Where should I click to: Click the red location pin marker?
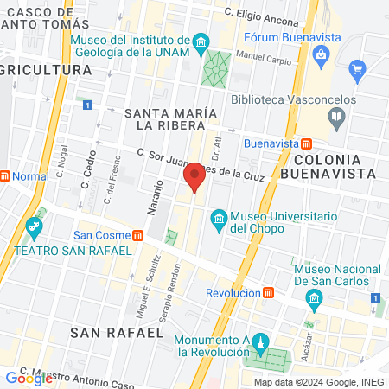click(194, 177)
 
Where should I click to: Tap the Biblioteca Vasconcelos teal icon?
click(336, 115)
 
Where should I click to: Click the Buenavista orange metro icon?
click(307, 143)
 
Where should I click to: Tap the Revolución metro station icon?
click(271, 293)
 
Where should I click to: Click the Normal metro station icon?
click(4, 175)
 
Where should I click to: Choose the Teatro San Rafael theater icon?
click(35, 230)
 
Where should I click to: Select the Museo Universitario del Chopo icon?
click(218, 216)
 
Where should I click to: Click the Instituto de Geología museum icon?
click(201, 42)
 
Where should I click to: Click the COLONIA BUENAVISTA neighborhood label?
click(334, 166)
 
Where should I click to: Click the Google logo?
click(29, 378)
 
